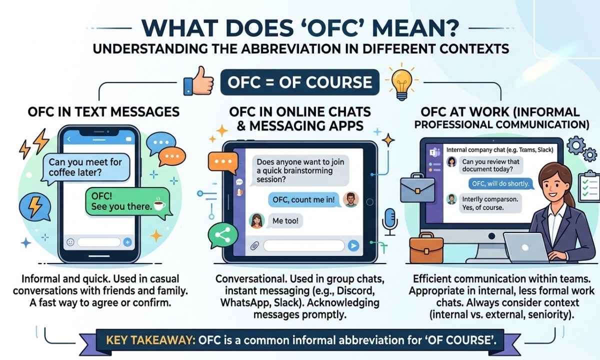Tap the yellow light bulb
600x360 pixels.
click(x=402, y=82)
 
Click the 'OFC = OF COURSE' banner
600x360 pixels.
click(x=299, y=82)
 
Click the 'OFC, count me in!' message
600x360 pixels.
click(x=304, y=200)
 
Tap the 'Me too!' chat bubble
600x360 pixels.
click(x=285, y=220)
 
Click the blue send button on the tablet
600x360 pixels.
click(x=353, y=245)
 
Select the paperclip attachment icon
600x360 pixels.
click(x=254, y=245)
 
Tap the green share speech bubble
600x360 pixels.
click(x=223, y=235)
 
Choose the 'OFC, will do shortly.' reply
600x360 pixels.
click(x=500, y=184)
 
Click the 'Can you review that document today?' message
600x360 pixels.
click(x=490, y=165)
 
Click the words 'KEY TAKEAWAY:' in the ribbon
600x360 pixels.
click(x=151, y=340)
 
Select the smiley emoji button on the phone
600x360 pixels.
click(x=70, y=242)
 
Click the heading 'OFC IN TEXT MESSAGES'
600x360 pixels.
click(x=103, y=112)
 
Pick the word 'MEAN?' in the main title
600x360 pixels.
click(x=416, y=28)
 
